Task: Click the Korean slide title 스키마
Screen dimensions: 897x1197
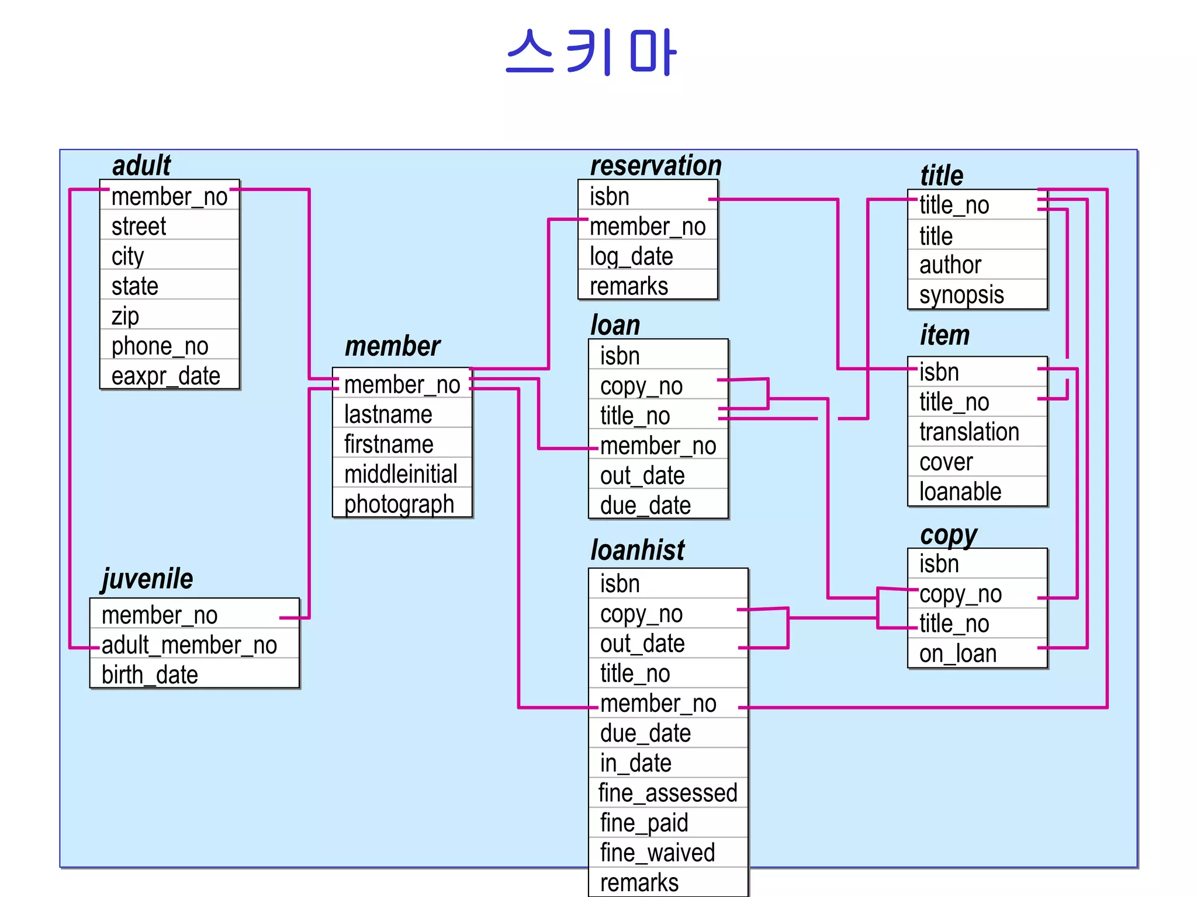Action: click(591, 53)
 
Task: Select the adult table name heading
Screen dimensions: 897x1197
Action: click(141, 165)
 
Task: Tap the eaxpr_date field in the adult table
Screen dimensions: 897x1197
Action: click(166, 376)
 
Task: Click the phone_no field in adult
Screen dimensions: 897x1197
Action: click(160, 346)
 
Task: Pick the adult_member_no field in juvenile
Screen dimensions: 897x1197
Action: click(189, 645)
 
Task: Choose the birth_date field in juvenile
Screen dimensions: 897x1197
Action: click(150, 675)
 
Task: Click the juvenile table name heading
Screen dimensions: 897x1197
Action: click(147, 579)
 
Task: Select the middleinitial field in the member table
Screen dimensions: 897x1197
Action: click(400, 474)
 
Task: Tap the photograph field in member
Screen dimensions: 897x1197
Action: click(399, 504)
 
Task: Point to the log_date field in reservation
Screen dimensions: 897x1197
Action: click(631, 256)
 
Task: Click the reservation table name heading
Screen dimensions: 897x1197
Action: click(656, 165)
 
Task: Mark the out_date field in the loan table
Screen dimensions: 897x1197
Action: click(642, 475)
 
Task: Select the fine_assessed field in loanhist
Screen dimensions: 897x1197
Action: click(667, 793)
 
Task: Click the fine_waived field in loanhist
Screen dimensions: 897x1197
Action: click(658, 853)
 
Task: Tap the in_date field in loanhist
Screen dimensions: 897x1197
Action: click(636, 763)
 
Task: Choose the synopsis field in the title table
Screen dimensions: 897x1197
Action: click(961, 295)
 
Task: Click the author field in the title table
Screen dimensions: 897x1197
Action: click(950, 265)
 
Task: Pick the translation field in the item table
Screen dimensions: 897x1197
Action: click(969, 432)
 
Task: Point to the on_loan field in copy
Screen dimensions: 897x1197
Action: click(957, 654)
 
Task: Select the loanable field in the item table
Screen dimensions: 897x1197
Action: click(960, 492)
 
